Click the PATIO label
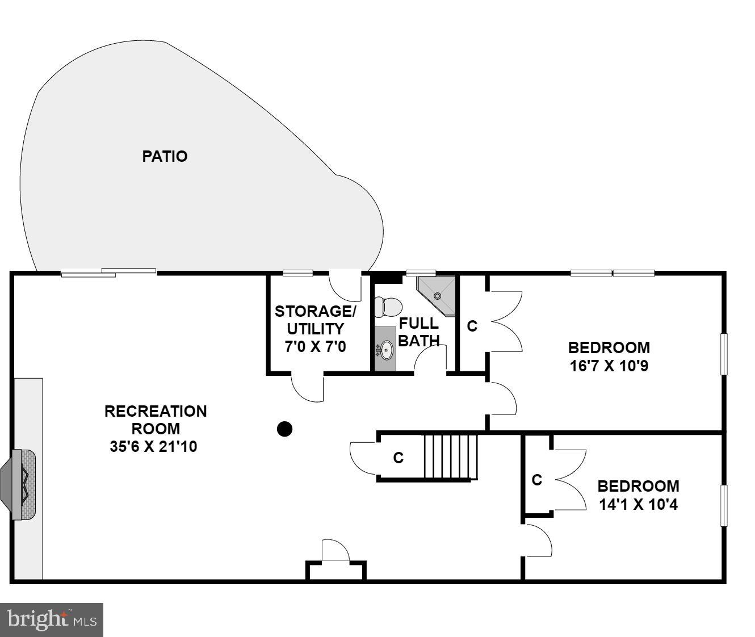coord(165,156)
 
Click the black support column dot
coord(284,429)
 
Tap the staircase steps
coord(451,457)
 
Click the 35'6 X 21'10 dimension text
coord(153,447)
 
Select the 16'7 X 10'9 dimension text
coord(609,366)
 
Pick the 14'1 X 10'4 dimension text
coord(638,504)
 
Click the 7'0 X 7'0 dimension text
coord(315,346)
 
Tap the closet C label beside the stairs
coord(399,458)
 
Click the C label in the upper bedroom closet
coord(472,326)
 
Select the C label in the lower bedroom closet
coord(536,480)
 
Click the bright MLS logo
coord(52,619)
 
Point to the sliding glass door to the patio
coord(108,273)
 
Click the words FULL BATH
coord(419,332)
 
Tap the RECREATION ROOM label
coord(156,420)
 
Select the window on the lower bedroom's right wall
coord(724,505)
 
